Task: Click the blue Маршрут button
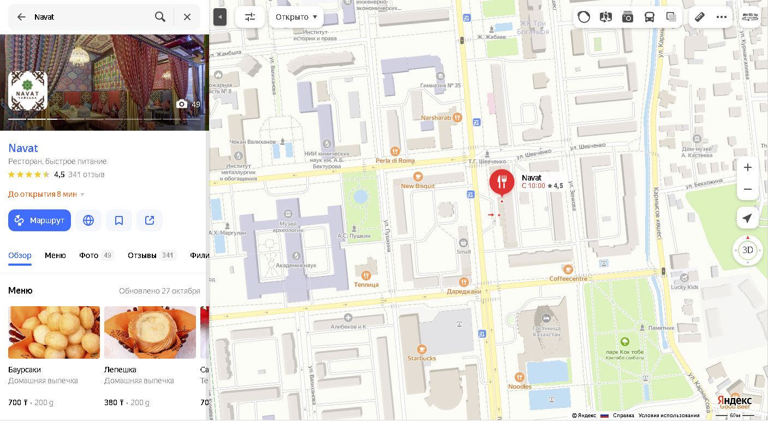(x=39, y=220)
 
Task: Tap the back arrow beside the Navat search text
(x=21, y=17)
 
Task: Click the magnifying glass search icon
(x=160, y=17)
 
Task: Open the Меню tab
(x=55, y=255)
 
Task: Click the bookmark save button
(x=119, y=220)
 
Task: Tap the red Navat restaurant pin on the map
(x=502, y=182)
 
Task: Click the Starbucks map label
(x=421, y=358)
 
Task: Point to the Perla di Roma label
(x=395, y=161)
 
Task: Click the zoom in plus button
(x=748, y=167)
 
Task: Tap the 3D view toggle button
(x=748, y=250)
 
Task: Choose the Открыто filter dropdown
(x=296, y=17)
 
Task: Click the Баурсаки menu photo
(x=54, y=332)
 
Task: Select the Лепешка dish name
(x=120, y=370)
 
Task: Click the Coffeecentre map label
(x=568, y=278)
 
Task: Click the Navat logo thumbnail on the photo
(x=28, y=91)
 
